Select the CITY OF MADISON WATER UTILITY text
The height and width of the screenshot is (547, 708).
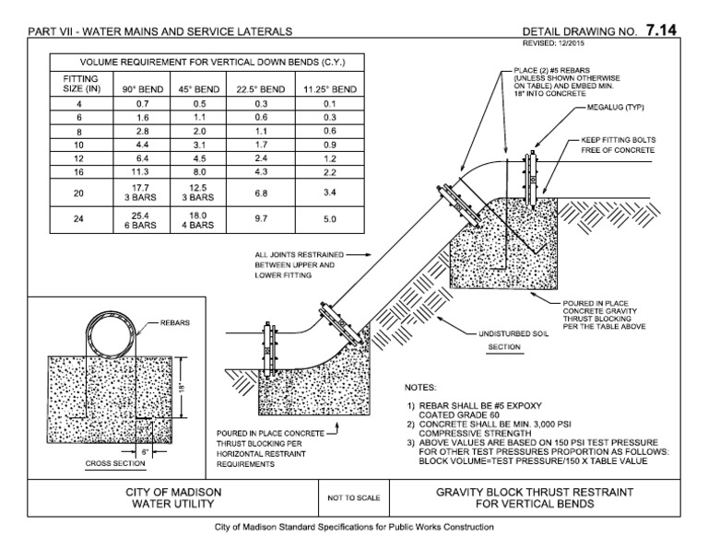(171, 498)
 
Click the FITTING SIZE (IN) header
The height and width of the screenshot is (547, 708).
(79, 85)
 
